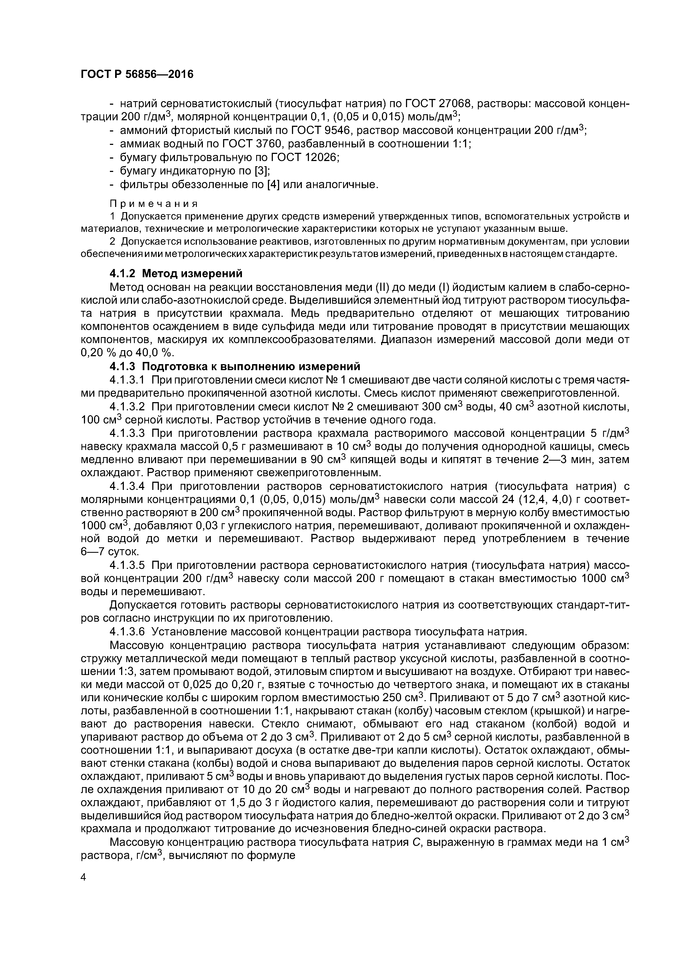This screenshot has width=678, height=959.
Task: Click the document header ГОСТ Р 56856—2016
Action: (137, 74)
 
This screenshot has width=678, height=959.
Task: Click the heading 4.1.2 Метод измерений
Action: (176, 274)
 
